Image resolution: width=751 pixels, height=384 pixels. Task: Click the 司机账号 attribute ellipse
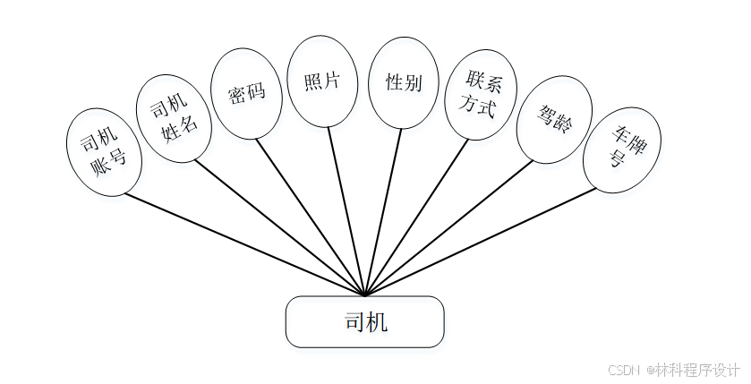[x=104, y=152]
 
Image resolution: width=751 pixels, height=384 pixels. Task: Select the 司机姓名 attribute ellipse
[x=174, y=120]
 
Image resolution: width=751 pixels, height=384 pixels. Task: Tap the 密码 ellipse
[x=246, y=94]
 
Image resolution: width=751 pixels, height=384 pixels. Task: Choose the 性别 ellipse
[x=404, y=82]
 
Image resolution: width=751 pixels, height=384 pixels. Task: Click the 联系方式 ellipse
[x=481, y=94]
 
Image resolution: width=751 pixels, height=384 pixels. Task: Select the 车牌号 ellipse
[x=622, y=149]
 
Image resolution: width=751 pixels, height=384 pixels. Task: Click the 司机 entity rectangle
[x=364, y=321]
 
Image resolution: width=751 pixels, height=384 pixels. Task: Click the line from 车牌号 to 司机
[x=483, y=241]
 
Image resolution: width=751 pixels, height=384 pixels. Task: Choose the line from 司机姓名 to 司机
[x=277, y=227]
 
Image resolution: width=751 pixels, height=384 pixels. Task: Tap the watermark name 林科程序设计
[x=697, y=370]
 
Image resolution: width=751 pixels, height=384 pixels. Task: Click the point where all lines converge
[x=365, y=294]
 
